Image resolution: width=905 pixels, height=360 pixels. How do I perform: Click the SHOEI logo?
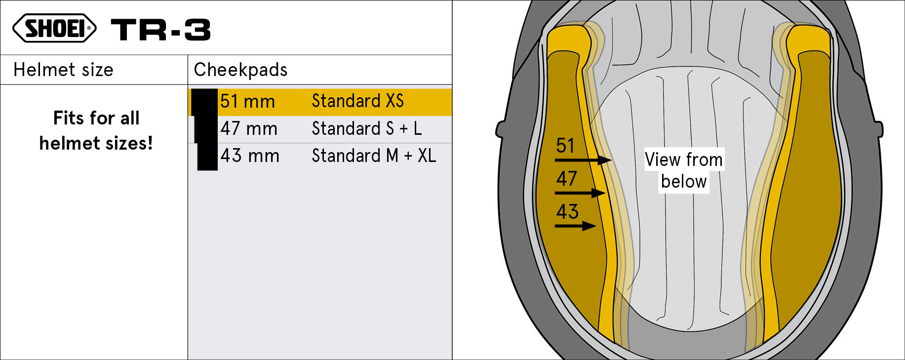click(x=54, y=28)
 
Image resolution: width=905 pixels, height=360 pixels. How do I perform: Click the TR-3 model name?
click(x=161, y=30)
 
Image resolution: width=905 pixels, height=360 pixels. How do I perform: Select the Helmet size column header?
click(x=63, y=70)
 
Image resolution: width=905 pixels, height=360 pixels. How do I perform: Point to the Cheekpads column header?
click(x=240, y=70)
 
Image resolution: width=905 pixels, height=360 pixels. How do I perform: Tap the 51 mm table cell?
click(x=247, y=102)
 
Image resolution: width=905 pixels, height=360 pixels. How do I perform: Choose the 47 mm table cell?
click(x=249, y=129)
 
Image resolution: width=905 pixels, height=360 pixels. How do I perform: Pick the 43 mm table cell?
click(x=250, y=156)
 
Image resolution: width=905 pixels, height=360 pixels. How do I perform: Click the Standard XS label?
click(x=357, y=101)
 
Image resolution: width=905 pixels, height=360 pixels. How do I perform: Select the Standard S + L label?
click(x=366, y=129)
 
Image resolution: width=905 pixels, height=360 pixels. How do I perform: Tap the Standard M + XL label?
click(x=374, y=156)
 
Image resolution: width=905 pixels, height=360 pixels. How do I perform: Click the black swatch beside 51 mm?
click(x=204, y=102)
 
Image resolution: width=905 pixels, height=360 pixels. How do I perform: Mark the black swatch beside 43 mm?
click(x=207, y=157)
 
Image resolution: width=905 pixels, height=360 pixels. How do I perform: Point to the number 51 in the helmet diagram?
click(x=565, y=146)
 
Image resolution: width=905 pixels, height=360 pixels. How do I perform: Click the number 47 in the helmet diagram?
click(x=566, y=179)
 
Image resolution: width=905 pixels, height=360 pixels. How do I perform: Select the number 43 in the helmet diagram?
click(x=567, y=212)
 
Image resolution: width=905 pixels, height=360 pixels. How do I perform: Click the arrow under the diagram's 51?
click(x=583, y=160)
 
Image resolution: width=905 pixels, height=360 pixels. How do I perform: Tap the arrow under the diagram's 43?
click(x=575, y=226)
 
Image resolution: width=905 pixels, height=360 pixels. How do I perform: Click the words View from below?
click(x=684, y=170)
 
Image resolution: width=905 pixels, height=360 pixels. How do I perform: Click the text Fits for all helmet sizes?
click(x=96, y=131)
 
